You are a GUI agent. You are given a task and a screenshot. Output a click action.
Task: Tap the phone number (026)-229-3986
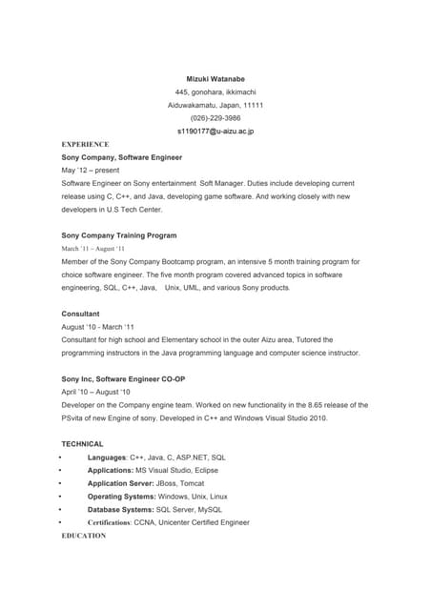click(x=215, y=118)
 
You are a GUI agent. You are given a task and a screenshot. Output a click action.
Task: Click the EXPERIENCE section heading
click(x=86, y=144)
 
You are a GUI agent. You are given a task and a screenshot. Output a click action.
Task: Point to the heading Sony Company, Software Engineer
click(x=122, y=156)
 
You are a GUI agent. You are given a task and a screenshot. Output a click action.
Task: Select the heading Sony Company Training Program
click(x=119, y=234)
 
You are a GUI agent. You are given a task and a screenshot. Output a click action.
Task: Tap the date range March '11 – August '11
click(x=93, y=248)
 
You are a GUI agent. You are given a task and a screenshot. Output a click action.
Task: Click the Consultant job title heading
click(x=81, y=313)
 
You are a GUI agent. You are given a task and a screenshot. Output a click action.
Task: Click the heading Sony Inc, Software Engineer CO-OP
click(x=123, y=378)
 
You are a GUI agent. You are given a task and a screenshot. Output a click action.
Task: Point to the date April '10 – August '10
click(x=96, y=392)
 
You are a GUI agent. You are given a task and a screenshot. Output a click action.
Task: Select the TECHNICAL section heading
click(x=83, y=444)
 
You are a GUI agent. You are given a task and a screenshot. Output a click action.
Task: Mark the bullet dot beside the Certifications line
click(x=59, y=523)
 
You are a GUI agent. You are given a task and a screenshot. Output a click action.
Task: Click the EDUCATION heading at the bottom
click(x=84, y=536)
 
